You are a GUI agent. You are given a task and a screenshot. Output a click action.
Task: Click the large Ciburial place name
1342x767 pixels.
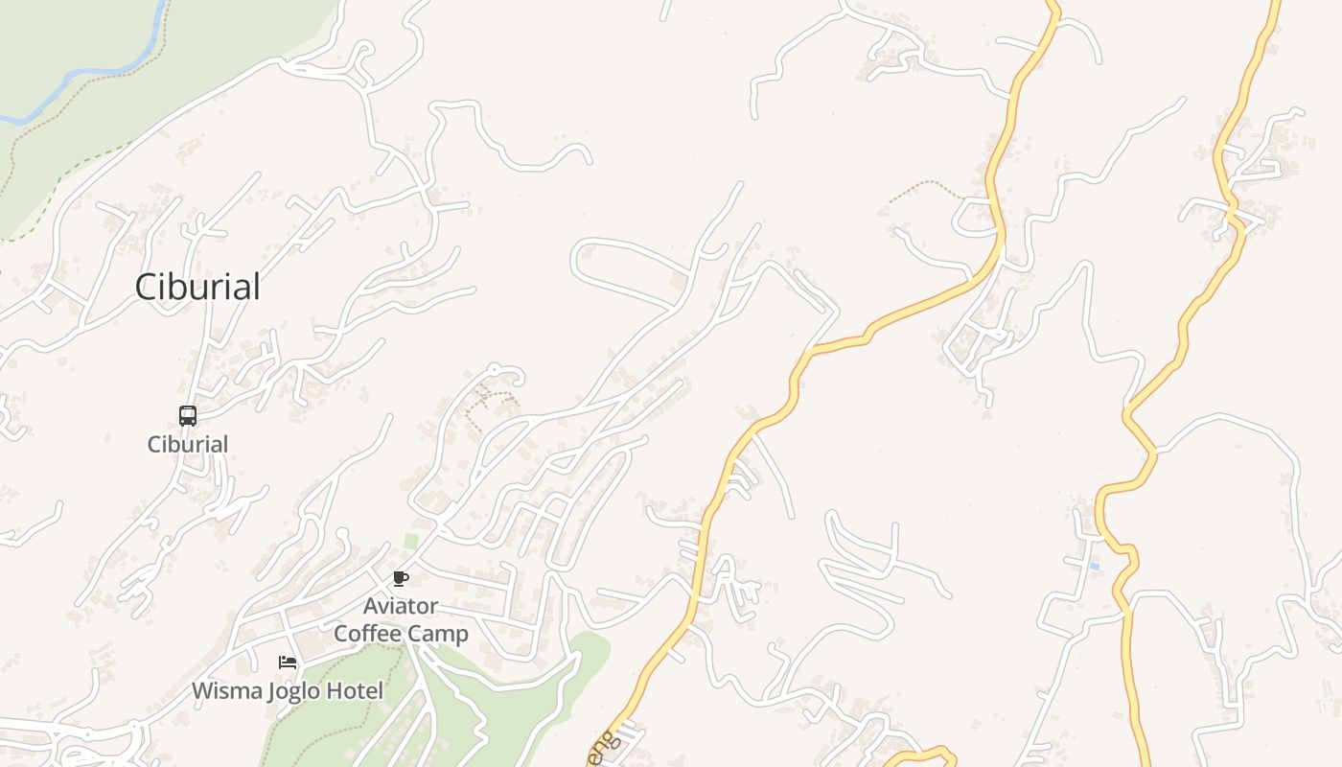pos(197,287)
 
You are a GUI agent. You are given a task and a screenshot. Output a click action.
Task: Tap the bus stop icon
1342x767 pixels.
pos(188,416)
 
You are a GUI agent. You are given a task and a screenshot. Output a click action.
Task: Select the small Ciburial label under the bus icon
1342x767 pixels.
pos(188,444)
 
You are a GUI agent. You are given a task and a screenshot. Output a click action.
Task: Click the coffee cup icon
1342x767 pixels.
pos(401,578)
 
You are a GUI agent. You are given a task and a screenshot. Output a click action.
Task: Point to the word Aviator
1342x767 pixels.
pos(401,606)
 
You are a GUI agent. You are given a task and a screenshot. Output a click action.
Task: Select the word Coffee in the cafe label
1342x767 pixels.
pos(369,634)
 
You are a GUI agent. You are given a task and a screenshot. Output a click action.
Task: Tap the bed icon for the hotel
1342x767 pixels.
pos(287,662)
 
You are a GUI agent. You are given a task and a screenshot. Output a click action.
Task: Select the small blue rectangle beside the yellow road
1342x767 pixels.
pos(1094,567)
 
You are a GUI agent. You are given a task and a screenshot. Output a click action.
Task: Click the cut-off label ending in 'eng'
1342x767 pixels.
pos(599,748)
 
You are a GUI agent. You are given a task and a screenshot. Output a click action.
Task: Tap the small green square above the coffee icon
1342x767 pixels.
pos(410,542)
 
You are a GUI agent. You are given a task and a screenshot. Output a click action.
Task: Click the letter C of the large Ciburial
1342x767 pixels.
pos(147,287)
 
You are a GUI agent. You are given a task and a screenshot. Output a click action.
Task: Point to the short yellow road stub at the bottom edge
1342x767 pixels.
pos(920,755)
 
